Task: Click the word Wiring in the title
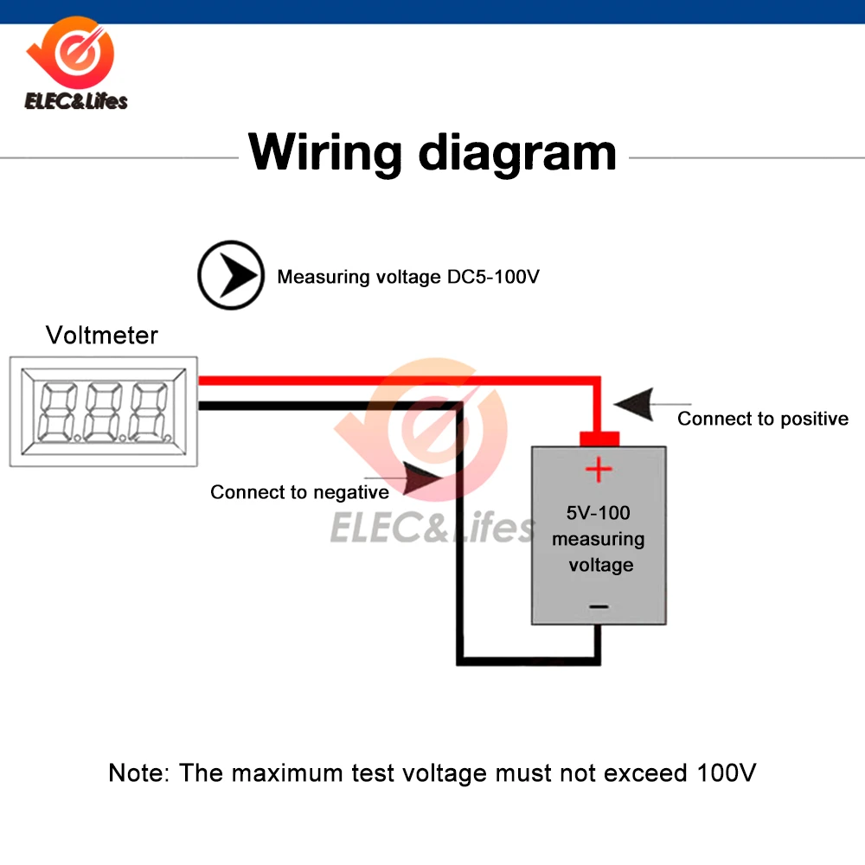pos(325,152)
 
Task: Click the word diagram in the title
pos(517,152)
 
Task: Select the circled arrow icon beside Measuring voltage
pos(230,276)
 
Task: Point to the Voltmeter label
pos(102,335)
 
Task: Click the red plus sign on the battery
pos(598,471)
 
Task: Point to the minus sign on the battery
pos(598,607)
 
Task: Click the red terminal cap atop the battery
pos(598,439)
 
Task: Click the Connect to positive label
pos(762,419)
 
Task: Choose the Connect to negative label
pos(299,492)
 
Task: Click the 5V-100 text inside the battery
pos(598,513)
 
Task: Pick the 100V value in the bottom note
pos(726,772)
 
